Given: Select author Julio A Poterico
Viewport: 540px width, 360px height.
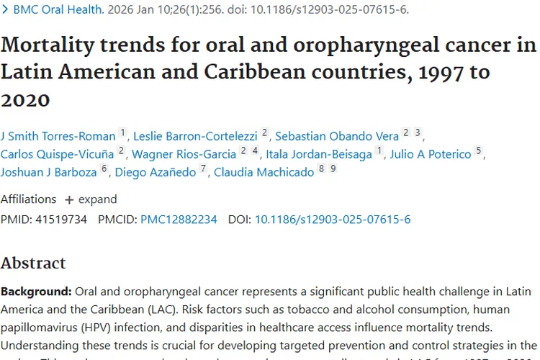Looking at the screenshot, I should (x=431, y=153).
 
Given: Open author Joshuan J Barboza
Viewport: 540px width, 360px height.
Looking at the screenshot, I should (x=49, y=172).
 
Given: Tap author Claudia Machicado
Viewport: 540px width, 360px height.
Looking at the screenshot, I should (x=264, y=172).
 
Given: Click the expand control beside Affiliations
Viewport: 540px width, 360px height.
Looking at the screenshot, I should (x=91, y=199).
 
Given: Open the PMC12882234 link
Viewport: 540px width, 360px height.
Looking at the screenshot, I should (x=179, y=220).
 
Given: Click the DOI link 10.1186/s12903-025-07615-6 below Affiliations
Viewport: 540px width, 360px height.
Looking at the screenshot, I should (x=333, y=220).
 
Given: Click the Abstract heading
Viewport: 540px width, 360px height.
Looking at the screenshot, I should (x=33, y=263).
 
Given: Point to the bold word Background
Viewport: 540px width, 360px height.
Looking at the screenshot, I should (x=35, y=292).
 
